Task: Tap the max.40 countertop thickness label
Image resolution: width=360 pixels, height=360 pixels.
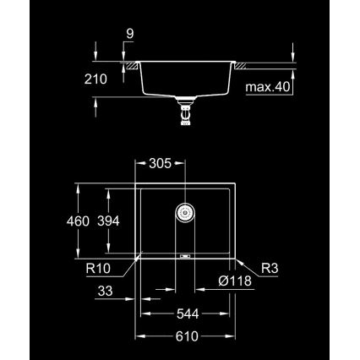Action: pos(269,86)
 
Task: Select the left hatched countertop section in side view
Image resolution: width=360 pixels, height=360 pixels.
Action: pos(131,64)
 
